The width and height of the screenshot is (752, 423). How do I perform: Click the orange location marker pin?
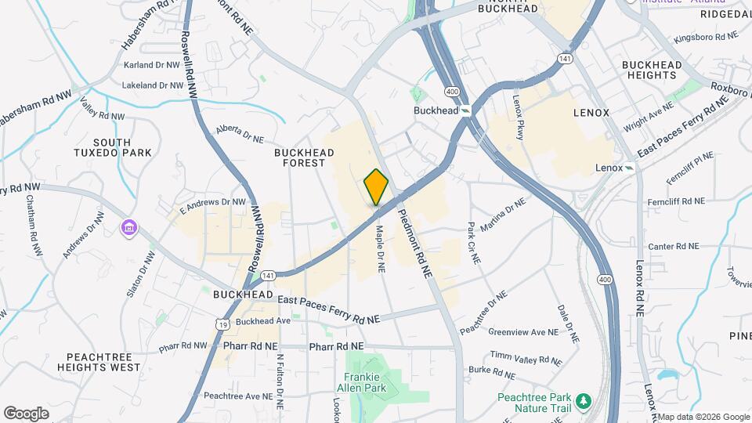(x=377, y=186)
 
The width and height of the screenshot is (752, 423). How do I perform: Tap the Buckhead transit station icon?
(x=466, y=111)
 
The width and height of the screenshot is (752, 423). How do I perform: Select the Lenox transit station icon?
(x=629, y=168)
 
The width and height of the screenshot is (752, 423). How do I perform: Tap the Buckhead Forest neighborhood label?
(x=299, y=157)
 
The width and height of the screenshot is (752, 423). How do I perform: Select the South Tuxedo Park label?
(x=122, y=147)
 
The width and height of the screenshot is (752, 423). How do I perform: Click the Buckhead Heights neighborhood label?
(x=649, y=70)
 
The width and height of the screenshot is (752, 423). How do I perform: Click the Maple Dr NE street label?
(x=381, y=248)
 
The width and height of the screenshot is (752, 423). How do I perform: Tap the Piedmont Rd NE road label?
(x=415, y=244)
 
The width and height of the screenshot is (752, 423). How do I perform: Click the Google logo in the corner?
(x=26, y=413)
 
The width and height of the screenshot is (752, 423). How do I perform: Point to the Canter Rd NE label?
(x=673, y=246)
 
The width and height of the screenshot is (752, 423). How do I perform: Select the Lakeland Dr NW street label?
(x=154, y=85)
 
